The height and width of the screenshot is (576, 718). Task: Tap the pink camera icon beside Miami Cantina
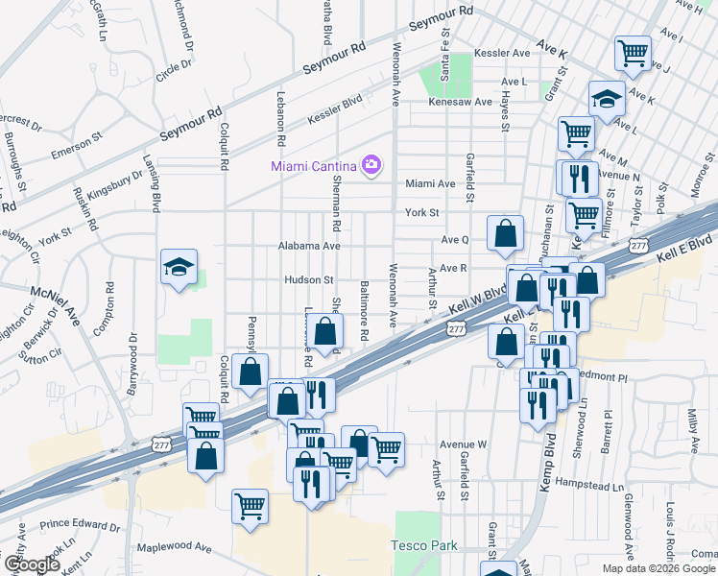coord(371,165)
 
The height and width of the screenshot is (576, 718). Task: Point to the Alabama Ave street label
coord(310,246)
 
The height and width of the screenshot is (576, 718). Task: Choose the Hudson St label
coord(307,280)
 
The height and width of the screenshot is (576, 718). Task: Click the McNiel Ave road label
coord(55,303)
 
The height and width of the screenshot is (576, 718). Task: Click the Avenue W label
coord(464,444)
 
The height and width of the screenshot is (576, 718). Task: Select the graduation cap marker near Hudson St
coord(178,267)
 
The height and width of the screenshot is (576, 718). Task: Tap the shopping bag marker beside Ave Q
coord(505,232)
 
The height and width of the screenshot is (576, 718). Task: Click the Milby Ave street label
coord(693,429)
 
